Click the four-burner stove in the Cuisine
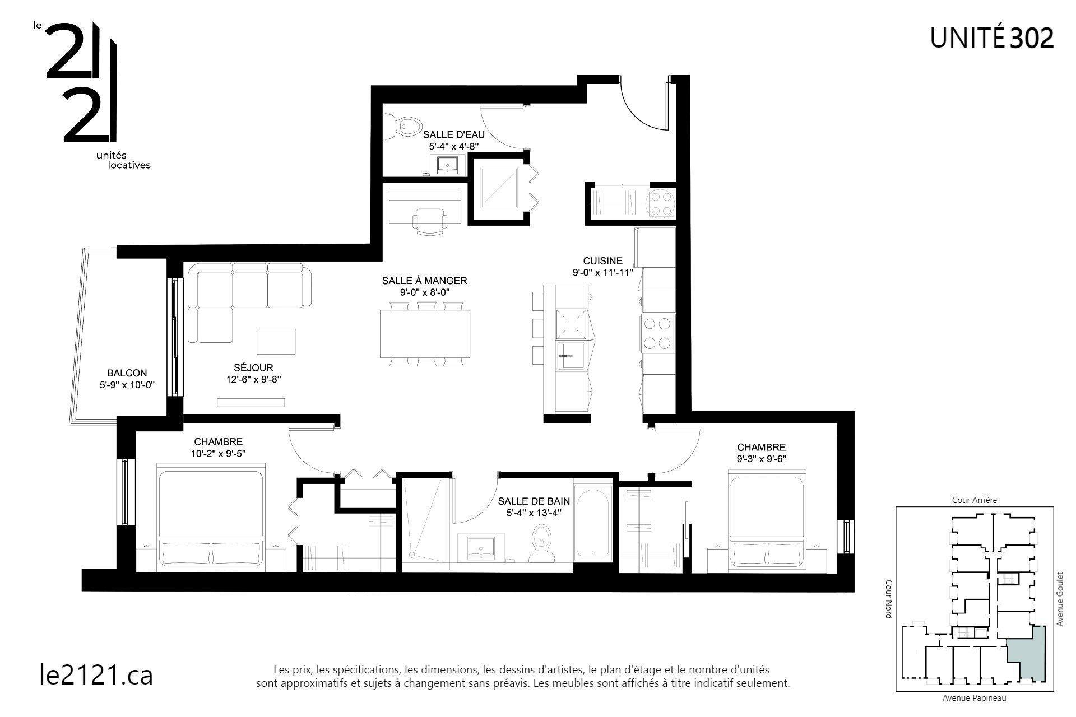[x=658, y=334]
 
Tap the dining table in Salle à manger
[x=426, y=334]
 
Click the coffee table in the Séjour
[x=276, y=341]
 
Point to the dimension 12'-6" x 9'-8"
[x=254, y=379]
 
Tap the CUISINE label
[x=602, y=261]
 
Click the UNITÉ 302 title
[x=992, y=38]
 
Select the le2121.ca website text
[x=96, y=674]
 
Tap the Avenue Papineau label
[x=974, y=698]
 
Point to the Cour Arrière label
[x=975, y=500]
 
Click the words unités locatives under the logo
[x=124, y=160]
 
